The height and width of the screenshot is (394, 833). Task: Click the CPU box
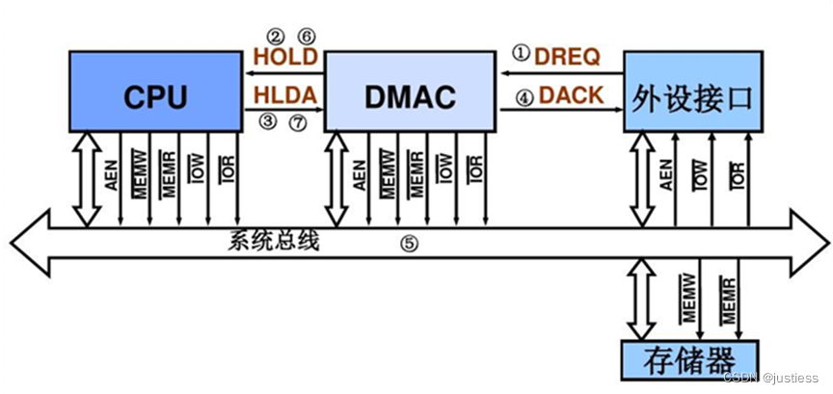point(154,93)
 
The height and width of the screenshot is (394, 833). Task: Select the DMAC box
point(411,93)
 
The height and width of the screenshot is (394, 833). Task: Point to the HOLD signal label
point(284,57)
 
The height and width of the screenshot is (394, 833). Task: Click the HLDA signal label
point(284,95)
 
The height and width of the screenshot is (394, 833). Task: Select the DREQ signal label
point(568,57)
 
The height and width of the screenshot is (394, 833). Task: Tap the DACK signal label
point(571,95)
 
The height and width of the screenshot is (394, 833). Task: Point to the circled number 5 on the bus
point(410,245)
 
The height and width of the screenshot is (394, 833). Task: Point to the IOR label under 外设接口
point(738,173)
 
